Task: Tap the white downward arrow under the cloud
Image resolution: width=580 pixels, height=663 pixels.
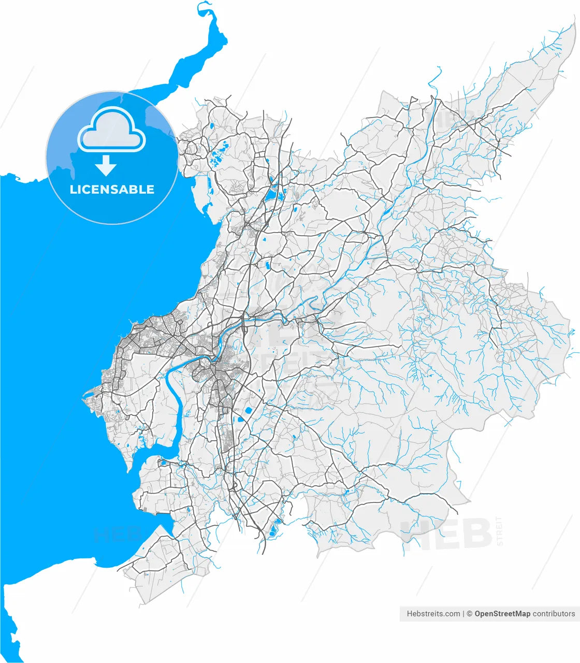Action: tap(106, 166)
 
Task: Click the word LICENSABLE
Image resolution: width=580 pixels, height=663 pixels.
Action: tap(112, 190)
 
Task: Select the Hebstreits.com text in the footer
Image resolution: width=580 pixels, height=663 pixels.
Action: tap(433, 614)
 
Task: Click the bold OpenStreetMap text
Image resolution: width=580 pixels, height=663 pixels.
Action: tap(502, 614)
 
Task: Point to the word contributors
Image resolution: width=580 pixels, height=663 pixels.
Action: tap(554, 614)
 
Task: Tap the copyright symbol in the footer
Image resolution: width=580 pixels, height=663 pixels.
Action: tap(470, 614)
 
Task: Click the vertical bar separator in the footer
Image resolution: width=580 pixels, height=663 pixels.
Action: tap(463, 614)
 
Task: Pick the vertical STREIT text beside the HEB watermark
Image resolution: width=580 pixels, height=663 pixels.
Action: tap(499, 531)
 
